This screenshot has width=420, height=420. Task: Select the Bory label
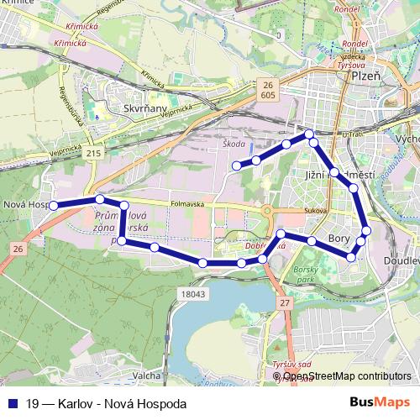[x=339, y=239]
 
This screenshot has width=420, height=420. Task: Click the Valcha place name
[x=147, y=375]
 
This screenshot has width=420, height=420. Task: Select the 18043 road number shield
[x=192, y=294]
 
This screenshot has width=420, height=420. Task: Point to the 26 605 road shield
[x=268, y=91]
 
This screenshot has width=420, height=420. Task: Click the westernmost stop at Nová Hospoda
[x=52, y=205]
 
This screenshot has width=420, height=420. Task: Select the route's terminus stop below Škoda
[x=236, y=165]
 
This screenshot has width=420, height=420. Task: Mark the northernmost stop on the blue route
[x=309, y=134]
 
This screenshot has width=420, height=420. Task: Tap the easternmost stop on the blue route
[x=366, y=230]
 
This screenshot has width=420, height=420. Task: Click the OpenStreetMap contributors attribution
[x=347, y=376]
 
